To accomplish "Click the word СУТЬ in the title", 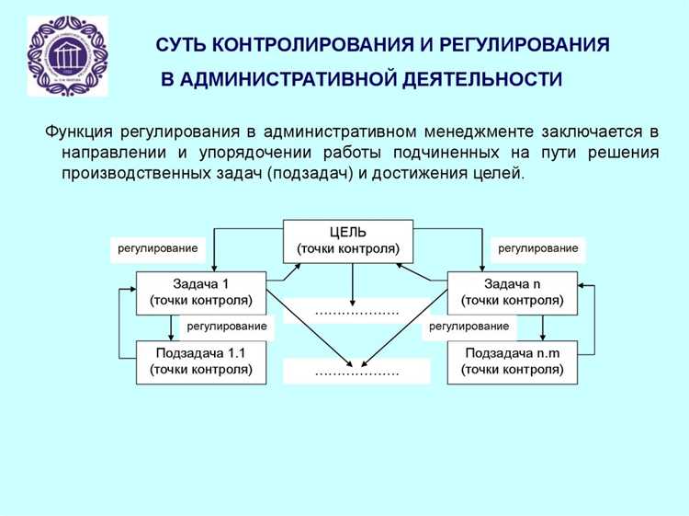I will [182, 45].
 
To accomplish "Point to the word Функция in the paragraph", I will [79, 132].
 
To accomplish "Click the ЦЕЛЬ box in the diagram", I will [348, 241].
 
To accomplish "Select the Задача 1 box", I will [200, 292].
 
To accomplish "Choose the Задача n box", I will [513, 292].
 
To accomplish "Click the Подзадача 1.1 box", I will [200, 361].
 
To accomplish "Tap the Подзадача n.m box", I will [513, 361].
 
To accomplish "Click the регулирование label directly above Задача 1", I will [156, 249].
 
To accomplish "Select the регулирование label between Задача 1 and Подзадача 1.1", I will [226, 327].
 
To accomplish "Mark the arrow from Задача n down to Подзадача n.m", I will [543, 327].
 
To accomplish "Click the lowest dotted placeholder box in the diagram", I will [356, 373].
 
